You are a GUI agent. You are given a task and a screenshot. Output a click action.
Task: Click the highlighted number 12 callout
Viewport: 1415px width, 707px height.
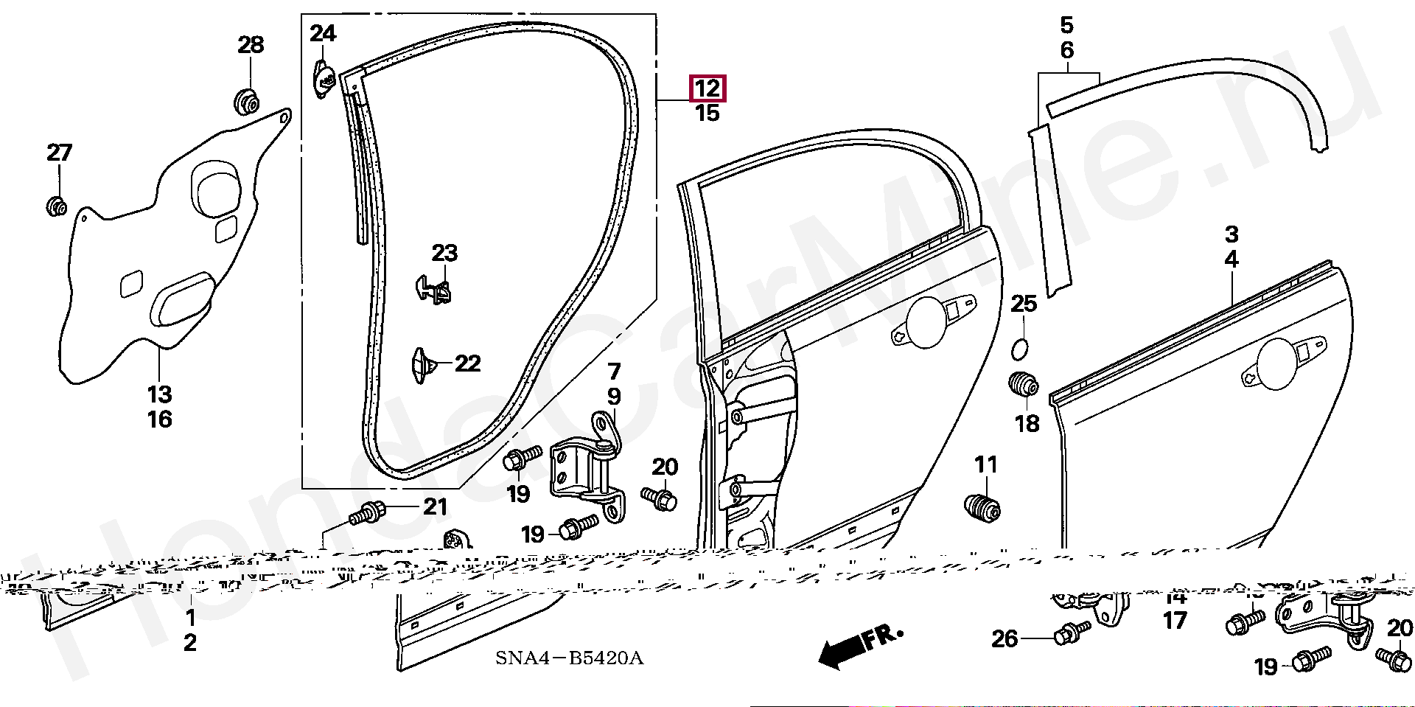pyautogui.click(x=707, y=88)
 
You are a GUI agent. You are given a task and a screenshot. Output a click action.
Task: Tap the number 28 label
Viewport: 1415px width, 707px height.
pyautogui.click(x=251, y=45)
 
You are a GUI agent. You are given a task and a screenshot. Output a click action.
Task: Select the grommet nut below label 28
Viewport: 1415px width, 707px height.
pyautogui.click(x=247, y=101)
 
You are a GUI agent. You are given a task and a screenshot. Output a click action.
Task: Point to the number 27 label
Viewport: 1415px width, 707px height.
pyautogui.click(x=59, y=153)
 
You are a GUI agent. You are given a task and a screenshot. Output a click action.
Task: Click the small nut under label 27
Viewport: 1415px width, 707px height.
pyautogui.click(x=56, y=206)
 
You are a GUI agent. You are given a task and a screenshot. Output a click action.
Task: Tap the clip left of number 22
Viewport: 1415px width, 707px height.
pyautogui.click(x=422, y=365)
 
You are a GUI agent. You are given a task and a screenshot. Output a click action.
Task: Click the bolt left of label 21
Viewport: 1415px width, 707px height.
pyautogui.click(x=367, y=512)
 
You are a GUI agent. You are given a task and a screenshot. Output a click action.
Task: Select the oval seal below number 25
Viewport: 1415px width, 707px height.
pyautogui.click(x=1019, y=349)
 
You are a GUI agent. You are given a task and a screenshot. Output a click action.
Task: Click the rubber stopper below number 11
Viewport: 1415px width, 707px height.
pyautogui.click(x=982, y=507)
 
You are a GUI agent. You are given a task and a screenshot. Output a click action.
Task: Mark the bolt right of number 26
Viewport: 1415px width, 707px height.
pyautogui.click(x=1072, y=633)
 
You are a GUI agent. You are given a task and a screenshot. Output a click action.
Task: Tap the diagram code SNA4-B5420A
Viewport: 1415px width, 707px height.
pyautogui.click(x=569, y=658)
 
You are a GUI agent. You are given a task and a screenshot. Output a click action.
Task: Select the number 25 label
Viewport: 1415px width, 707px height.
pyautogui.click(x=1024, y=304)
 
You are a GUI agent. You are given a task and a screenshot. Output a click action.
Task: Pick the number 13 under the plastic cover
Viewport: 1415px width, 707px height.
pyautogui.click(x=159, y=394)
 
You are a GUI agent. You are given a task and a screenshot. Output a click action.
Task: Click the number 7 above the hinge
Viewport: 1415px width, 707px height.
pyautogui.click(x=614, y=371)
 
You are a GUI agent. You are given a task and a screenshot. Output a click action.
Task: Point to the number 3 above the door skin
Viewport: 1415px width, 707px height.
pyautogui.click(x=1231, y=234)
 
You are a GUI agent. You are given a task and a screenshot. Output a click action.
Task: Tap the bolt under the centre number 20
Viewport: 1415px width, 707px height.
pyautogui.click(x=660, y=498)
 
